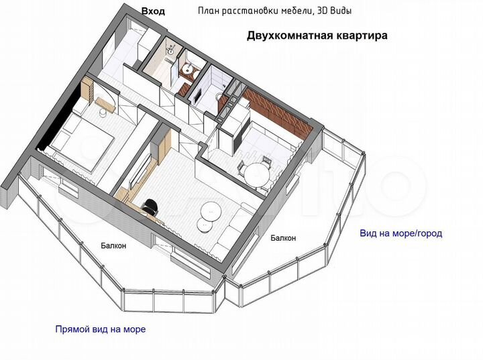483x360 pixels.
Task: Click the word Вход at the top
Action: (x=153, y=11)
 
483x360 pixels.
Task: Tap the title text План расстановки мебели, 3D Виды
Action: (x=274, y=11)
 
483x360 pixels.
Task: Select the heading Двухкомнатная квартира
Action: (x=317, y=36)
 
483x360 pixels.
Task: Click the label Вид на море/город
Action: (x=401, y=233)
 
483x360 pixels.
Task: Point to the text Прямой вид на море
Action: (x=101, y=329)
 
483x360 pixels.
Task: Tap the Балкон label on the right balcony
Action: (x=283, y=238)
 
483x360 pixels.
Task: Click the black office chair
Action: (x=152, y=206)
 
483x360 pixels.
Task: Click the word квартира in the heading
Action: (x=362, y=36)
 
